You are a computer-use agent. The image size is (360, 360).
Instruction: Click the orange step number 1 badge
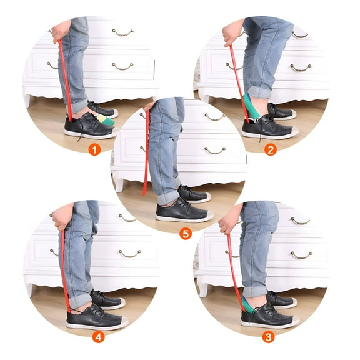tap(94, 150)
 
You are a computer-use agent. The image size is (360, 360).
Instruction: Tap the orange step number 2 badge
tap(271, 150)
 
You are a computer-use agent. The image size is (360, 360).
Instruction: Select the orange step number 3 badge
tap(268, 337)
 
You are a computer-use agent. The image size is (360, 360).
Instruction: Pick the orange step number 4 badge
tap(98, 337)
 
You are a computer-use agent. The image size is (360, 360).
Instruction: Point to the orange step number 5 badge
tap(186, 234)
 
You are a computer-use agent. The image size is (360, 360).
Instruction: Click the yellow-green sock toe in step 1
tap(106, 120)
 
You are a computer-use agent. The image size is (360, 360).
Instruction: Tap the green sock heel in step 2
tap(250, 105)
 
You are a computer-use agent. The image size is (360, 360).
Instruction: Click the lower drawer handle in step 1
tap(122, 67)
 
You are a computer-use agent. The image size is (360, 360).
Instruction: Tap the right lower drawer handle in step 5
tap(215, 151)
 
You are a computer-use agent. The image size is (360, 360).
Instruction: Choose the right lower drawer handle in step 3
tap(301, 255)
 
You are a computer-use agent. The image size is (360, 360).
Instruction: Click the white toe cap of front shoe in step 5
tap(209, 215)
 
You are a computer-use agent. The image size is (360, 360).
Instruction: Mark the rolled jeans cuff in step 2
tap(259, 92)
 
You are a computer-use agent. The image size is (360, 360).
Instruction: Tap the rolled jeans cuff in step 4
tap(81, 301)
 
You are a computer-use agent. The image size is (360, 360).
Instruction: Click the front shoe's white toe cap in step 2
tap(294, 131)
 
